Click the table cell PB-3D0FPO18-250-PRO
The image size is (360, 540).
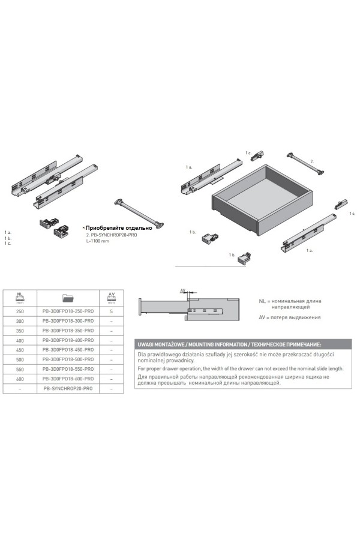pos(68,311)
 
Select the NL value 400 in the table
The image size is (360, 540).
pos(20,340)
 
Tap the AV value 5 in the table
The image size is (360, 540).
pos(111,311)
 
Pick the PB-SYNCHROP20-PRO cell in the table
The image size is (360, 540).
pos(68,388)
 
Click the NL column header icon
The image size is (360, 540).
pos(20,298)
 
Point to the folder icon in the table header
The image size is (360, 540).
pos(68,298)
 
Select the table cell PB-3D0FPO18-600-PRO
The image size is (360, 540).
pos(68,379)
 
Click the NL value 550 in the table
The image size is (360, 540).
pos(20,369)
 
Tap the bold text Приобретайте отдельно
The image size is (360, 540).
pos(119,227)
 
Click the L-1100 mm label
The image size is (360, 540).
pos(97,241)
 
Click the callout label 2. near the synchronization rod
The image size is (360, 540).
pos(312,161)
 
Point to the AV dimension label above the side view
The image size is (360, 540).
pos(183,290)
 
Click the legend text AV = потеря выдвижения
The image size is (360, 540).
pos(290,317)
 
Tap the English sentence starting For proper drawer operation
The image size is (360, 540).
pos(241,368)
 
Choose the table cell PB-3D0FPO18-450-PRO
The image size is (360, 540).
pos(68,350)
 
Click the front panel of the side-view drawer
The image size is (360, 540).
pos(140,307)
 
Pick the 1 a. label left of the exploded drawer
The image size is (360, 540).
pos(189,167)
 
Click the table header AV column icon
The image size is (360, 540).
pos(111,298)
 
